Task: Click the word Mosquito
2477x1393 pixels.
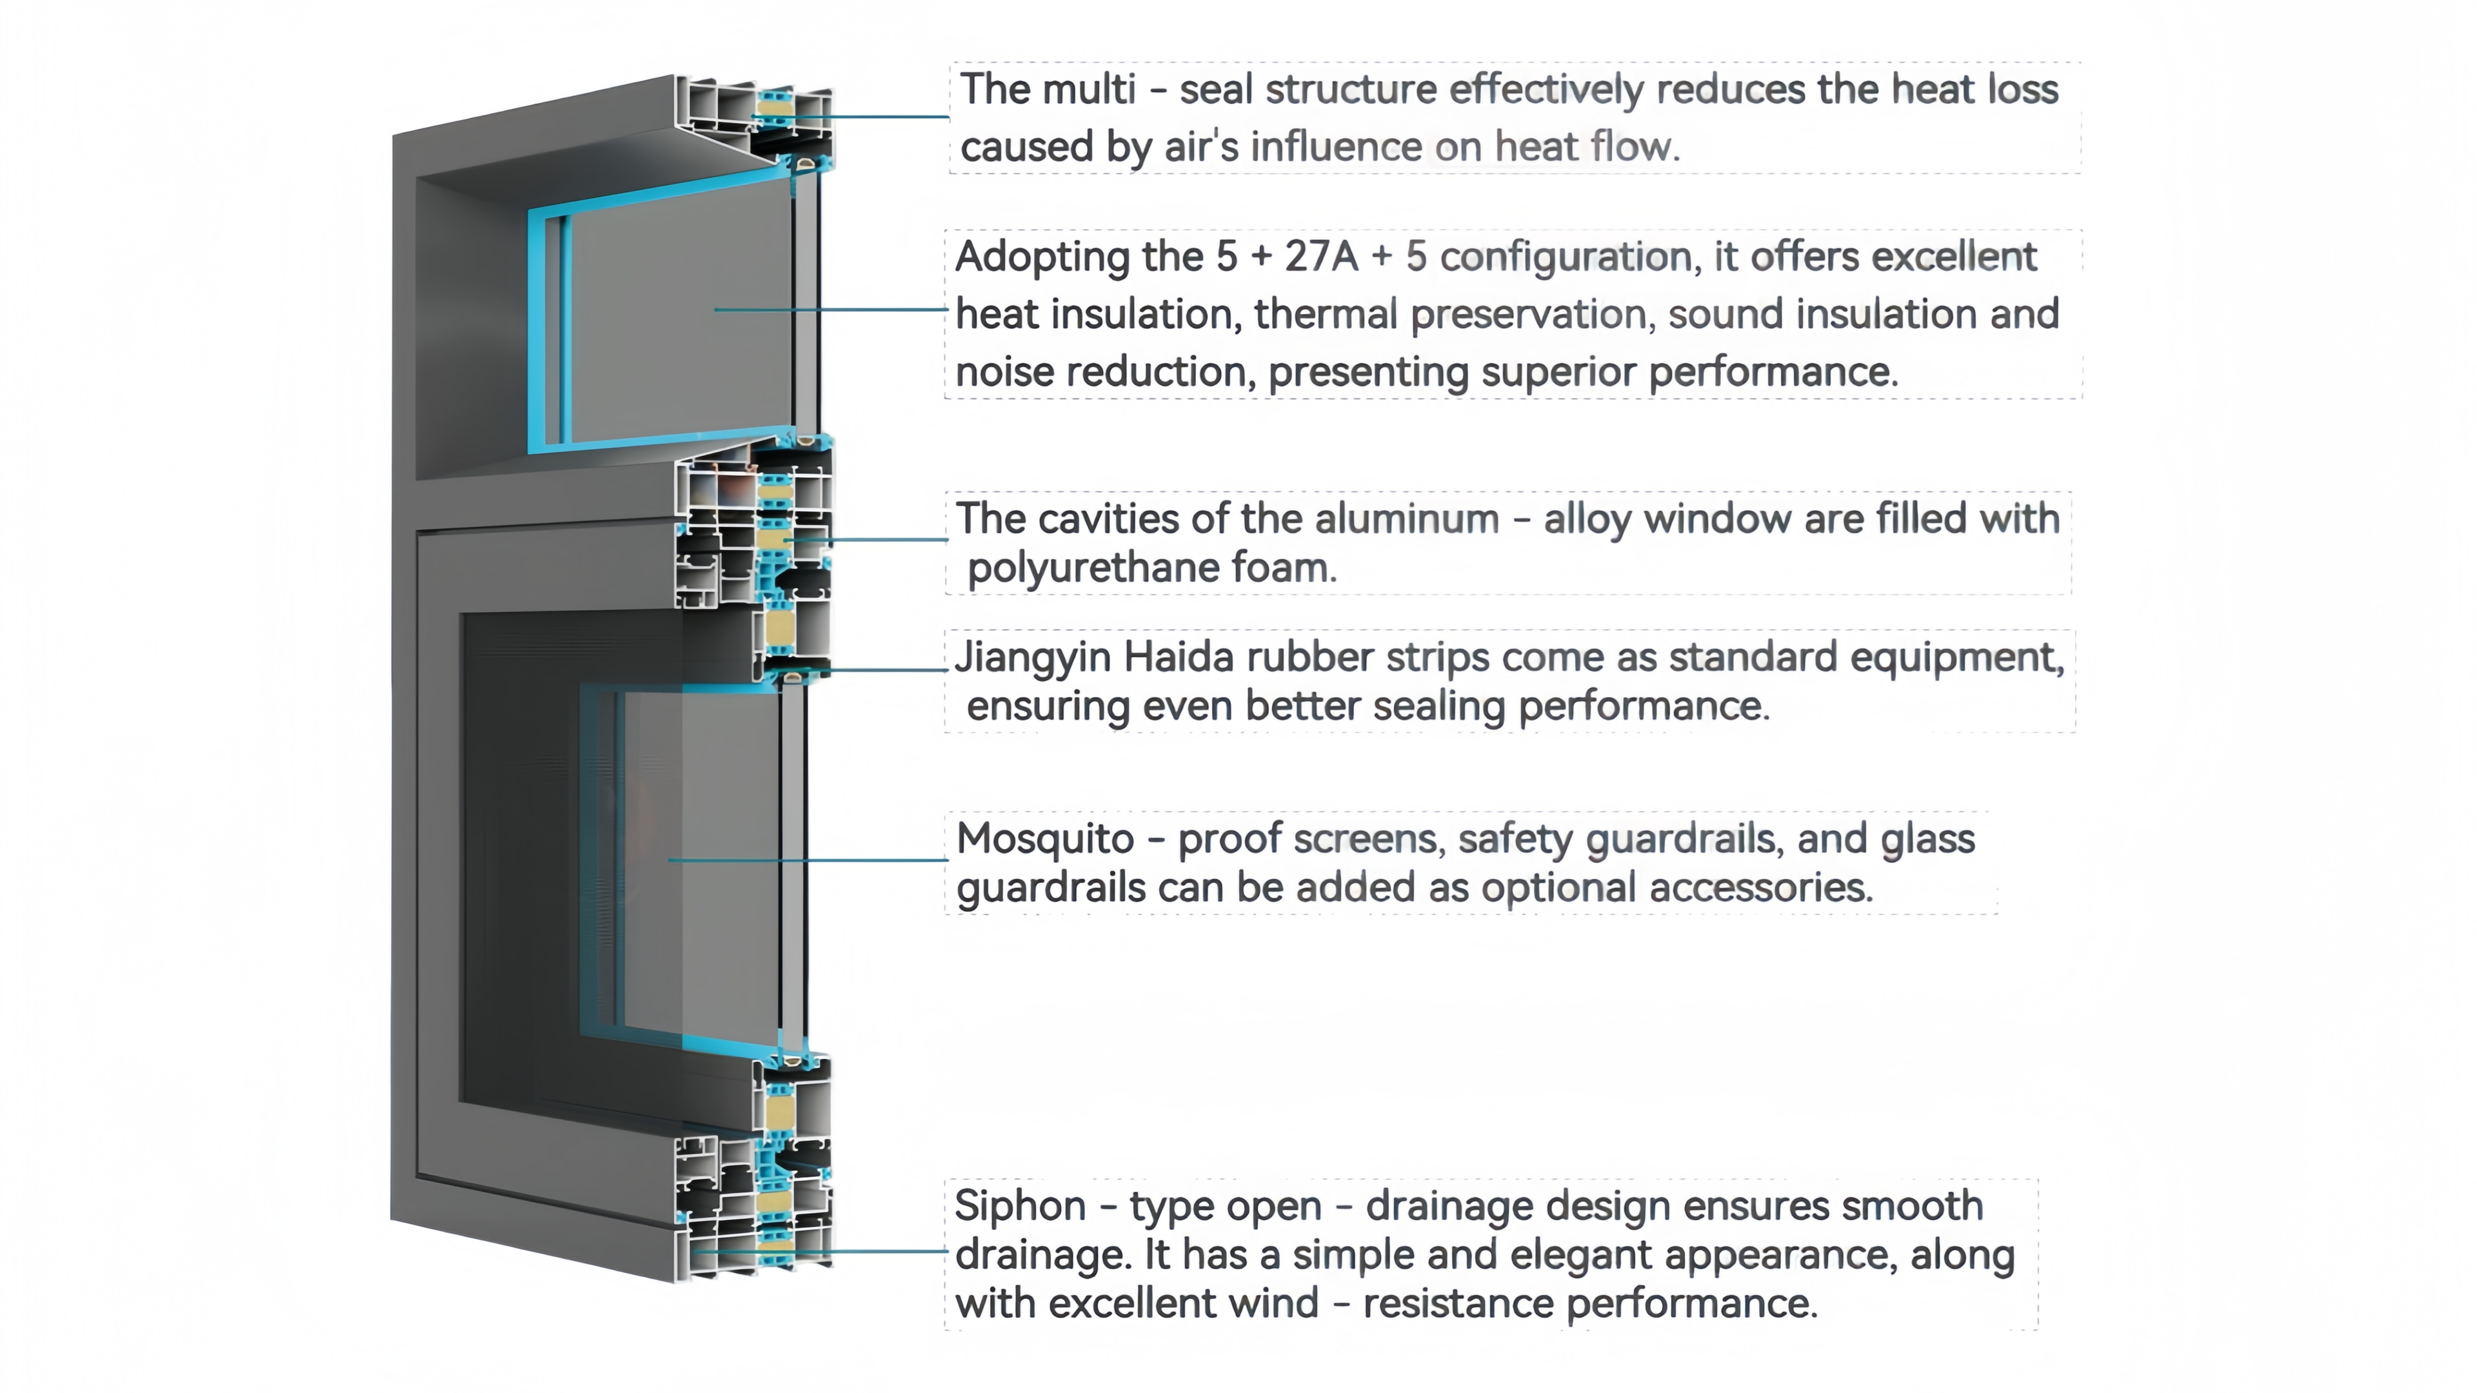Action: [x=1045, y=839]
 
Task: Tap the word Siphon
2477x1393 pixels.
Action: [x=1020, y=1205]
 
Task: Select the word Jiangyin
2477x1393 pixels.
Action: [x=1033, y=658]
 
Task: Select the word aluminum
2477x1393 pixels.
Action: [x=1407, y=519]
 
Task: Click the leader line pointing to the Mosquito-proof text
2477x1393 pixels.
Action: [x=808, y=860]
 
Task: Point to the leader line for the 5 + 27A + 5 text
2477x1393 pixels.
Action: [x=831, y=310]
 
